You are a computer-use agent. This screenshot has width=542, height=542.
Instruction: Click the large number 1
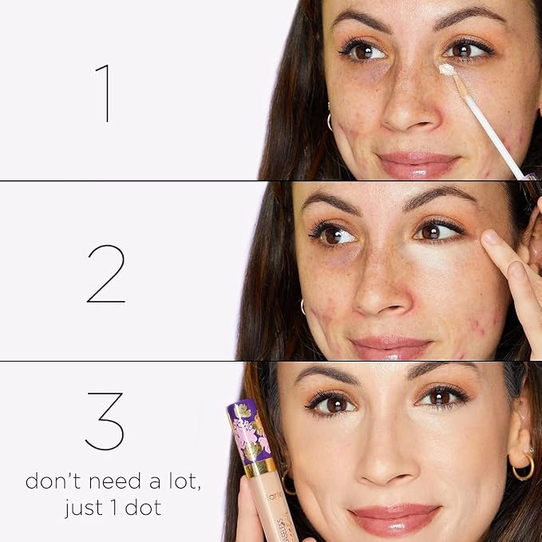pos(103,93)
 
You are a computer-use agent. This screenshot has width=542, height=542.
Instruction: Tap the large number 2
pos(105,274)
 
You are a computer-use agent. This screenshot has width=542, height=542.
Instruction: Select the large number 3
pos(105,421)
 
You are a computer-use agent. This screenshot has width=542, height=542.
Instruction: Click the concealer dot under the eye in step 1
pos(447,70)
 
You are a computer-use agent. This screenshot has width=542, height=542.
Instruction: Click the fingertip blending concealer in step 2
pos(493,243)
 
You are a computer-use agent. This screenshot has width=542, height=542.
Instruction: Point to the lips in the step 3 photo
pos(394,517)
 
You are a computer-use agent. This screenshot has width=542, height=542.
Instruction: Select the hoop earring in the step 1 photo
pos(328,121)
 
